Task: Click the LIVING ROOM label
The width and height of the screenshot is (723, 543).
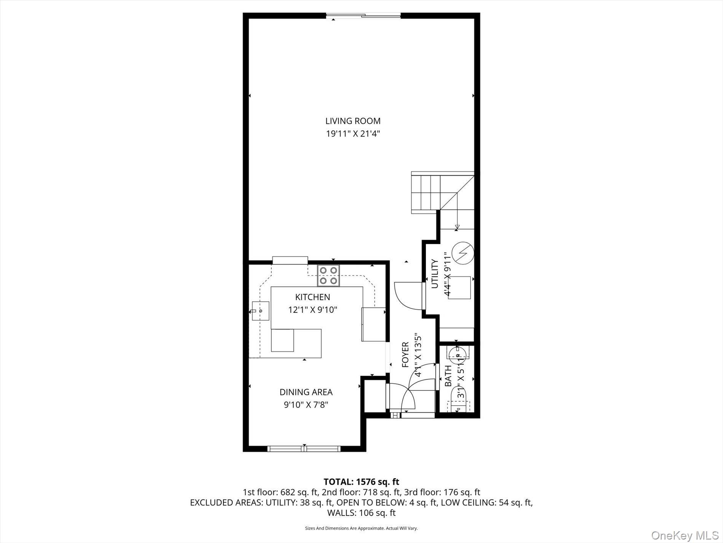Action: pos(353,121)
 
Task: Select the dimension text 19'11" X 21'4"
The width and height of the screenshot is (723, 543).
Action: pos(353,134)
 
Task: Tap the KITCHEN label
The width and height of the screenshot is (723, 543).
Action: pos(312,297)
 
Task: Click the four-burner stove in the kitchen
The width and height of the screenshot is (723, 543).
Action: pos(328,276)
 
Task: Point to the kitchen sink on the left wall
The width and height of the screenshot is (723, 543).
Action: pos(260,311)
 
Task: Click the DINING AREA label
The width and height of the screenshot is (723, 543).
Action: pos(306,392)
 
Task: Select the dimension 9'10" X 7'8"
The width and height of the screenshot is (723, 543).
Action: pos(306,405)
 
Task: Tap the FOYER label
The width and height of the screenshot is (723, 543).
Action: pos(405,355)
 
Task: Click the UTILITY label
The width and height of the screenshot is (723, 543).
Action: pos(435,274)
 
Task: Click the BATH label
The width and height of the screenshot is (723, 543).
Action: pos(448,376)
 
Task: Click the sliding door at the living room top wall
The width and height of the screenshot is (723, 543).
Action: pos(363,16)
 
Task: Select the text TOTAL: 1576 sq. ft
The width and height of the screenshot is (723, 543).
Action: pos(361,482)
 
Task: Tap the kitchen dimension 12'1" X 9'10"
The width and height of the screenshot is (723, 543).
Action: pos(312,310)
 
